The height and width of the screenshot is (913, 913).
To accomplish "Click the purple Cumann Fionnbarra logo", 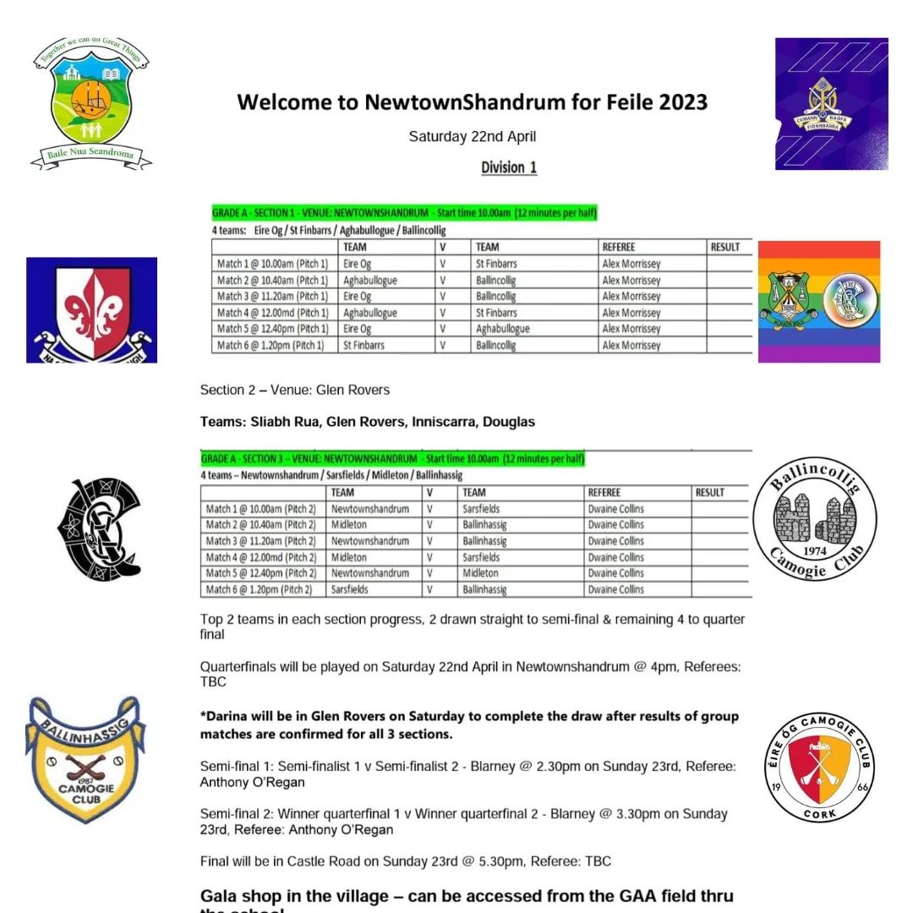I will click(x=831, y=103).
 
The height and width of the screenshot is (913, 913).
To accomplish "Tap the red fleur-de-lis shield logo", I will click(x=91, y=310).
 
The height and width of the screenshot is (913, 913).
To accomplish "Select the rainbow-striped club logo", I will click(x=818, y=302).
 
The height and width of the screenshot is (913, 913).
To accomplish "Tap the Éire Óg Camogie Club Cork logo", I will click(x=823, y=766).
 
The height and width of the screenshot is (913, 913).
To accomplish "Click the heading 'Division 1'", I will click(x=509, y=167).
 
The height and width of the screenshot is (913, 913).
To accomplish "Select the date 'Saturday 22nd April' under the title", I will click(x=472, y=137).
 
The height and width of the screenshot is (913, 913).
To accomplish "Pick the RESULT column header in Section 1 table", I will click(x=725, y=248).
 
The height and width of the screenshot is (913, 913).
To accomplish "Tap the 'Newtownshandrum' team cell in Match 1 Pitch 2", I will click(x=370, y=510).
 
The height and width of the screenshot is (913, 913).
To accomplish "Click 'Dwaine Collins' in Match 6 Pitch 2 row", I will click(x=615, y=589).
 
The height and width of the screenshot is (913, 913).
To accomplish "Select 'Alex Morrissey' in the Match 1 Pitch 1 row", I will click(x=631, y=264).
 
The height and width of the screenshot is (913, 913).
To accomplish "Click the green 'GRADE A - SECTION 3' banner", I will click(x=392, y=459).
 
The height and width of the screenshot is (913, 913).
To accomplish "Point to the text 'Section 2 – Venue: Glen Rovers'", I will click(x=294, y=391).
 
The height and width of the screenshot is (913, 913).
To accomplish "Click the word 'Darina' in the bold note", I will click(x=226, y=716).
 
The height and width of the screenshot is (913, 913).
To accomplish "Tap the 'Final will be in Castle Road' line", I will click(x=405, y=861).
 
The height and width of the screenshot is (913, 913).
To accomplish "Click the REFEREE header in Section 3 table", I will click(x=604, y=493).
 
